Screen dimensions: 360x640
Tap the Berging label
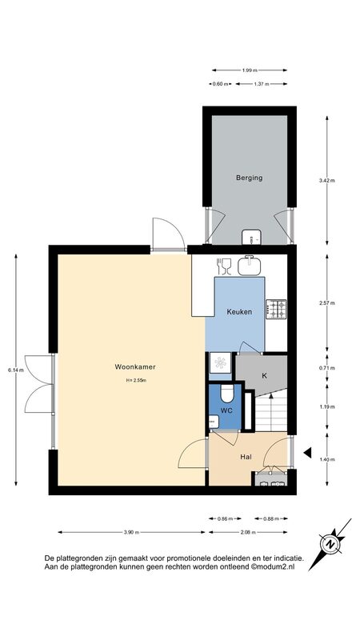click(249, 178)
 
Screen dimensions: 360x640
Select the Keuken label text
click(239, 312)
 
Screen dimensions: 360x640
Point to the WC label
click(226, 410)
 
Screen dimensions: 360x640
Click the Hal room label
click(246, 457)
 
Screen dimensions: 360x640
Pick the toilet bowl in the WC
click(226, 393)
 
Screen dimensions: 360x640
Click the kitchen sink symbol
click(249, 265)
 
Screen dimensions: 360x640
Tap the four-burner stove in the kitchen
click(276, 310)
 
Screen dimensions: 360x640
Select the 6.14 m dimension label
click(15, 370)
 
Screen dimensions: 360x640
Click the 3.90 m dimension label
click(132, 532)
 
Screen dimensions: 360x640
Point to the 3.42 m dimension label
click(327, 181)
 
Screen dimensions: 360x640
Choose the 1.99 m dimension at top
click(250, 70)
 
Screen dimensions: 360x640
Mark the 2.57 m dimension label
click(327, 303)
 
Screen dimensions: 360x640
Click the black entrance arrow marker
click(308, 452)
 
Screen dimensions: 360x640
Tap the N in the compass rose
click(330, 544)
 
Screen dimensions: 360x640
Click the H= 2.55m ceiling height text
click(136, 381)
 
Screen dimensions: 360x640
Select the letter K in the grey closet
click(264, 375)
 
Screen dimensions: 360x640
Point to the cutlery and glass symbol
click(224, 266)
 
